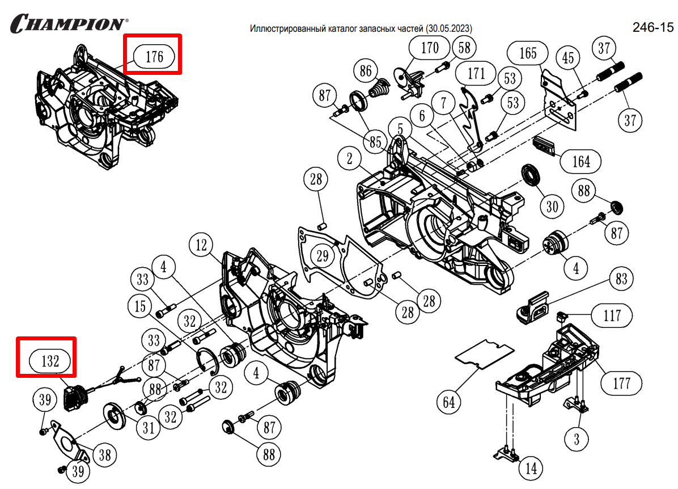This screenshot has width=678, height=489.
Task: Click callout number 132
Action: [x=50, y=361]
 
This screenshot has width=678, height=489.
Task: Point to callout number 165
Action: [x=528, y=53]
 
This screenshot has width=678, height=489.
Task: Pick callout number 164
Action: [x=580, y=162]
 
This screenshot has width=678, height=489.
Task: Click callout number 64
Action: [x=449, y=402]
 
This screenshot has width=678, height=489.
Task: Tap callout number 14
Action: [x=531, y=469]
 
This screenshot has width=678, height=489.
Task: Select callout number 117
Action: [x=612, y=315]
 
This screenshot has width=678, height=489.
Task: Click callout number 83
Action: [x=621, y=279]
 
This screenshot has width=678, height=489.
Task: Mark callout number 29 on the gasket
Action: [x=323, y=256]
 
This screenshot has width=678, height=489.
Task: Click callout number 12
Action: [x=202, y=246]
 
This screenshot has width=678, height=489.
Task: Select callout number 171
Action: [x=476, y=73]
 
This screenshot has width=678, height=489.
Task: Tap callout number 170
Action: [x=430, y=48]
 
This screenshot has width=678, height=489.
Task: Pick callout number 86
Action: [x=366, y=71]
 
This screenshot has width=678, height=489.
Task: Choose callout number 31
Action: [x=148, y=428]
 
